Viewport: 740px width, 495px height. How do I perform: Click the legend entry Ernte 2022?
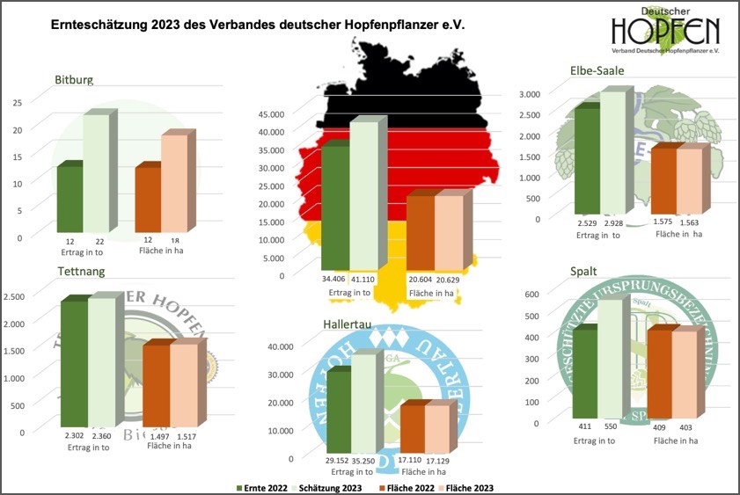[266, 486]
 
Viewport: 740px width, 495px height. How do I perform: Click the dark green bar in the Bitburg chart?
[70, 198]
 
